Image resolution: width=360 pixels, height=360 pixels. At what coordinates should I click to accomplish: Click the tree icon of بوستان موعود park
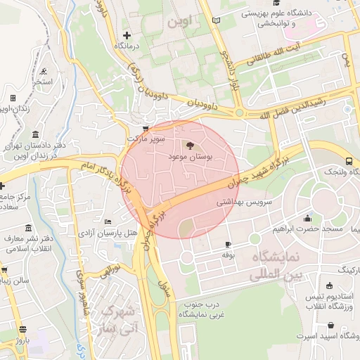tap(188, 146)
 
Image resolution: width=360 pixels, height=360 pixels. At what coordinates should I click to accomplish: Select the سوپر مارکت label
tap(146, 139)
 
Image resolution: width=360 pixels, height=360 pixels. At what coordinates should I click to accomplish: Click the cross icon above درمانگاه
tap(127, 35)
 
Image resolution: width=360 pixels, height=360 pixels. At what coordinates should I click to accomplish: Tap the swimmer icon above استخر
tap(44, 71)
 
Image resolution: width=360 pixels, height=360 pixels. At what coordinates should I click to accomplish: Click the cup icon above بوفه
tap(227, 244)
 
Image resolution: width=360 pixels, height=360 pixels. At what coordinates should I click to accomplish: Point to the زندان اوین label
tap(14, 108)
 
